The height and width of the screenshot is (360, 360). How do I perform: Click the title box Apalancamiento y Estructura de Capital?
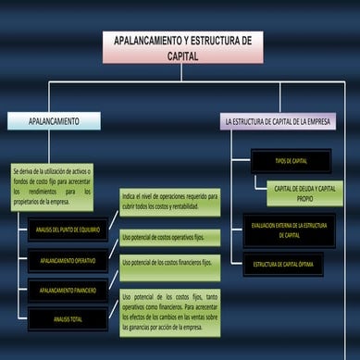182,47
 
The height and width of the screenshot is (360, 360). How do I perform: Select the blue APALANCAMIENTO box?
53,121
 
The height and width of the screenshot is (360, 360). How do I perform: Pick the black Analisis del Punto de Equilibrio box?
68,229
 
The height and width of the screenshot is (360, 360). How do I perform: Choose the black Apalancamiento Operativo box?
68,260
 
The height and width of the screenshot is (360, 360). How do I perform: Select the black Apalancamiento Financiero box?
68,291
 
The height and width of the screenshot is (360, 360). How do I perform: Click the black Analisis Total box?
68,319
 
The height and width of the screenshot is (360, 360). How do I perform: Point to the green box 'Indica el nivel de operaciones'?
169,203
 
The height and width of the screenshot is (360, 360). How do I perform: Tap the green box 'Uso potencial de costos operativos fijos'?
169,238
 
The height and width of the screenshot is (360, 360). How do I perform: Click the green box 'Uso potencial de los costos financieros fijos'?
169,263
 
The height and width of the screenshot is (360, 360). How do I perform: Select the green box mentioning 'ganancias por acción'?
169,313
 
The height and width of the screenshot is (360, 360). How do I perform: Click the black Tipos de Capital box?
291,161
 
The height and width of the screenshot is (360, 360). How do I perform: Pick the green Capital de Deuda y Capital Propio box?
304,192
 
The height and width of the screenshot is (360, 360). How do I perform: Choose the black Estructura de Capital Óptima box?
284,265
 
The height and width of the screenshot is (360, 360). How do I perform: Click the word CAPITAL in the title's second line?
182,56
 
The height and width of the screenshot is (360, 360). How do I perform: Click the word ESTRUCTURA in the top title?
212,42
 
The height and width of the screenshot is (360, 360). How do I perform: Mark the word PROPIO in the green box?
304,199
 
